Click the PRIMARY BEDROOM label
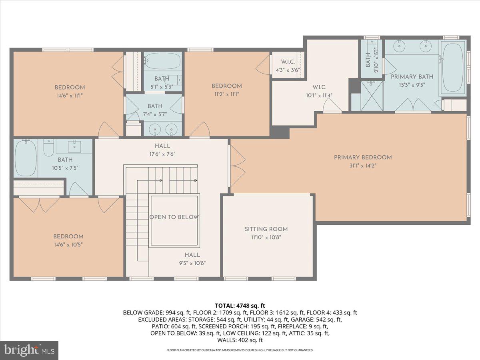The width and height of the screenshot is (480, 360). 363,157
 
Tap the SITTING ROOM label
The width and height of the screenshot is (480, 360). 266,229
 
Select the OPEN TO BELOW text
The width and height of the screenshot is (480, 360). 174,217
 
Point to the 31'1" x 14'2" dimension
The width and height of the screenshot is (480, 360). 363,166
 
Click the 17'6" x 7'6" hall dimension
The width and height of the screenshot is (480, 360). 162,154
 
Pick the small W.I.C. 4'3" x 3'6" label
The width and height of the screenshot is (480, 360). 288,66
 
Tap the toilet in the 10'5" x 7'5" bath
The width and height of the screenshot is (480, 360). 48,148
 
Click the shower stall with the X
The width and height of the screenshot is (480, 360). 372,96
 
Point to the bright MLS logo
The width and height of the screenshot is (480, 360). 29,350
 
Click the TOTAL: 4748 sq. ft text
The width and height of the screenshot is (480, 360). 240,306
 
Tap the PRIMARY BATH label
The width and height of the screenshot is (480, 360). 412,77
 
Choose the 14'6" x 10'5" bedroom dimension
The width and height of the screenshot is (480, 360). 68,244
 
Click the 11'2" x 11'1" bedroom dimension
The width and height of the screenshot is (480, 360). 227,94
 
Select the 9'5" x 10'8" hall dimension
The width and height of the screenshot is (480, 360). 192,263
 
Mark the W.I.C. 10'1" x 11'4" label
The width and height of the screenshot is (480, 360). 319,91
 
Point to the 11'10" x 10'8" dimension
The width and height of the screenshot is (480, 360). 266,237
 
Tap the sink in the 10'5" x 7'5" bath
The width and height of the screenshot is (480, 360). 74,146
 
